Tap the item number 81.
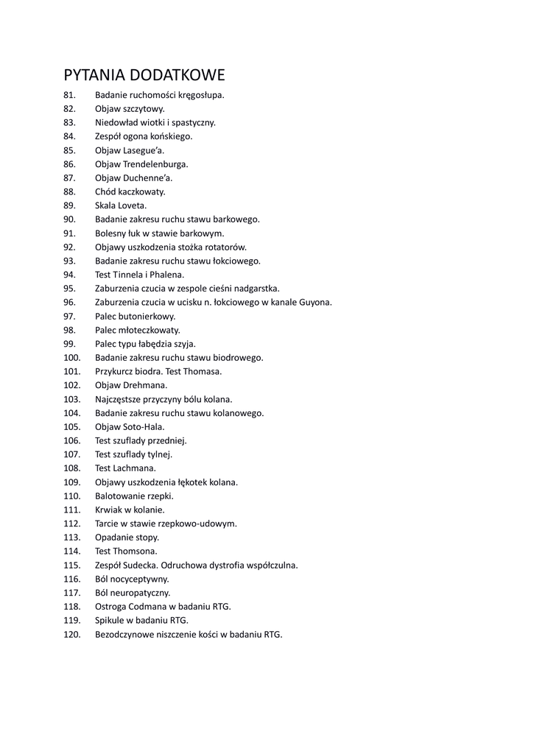pos(70,95)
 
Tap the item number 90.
pos(70,219)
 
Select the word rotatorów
pos(225,247)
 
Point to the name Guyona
pos(315,302)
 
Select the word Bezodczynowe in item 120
pos(124,634)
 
